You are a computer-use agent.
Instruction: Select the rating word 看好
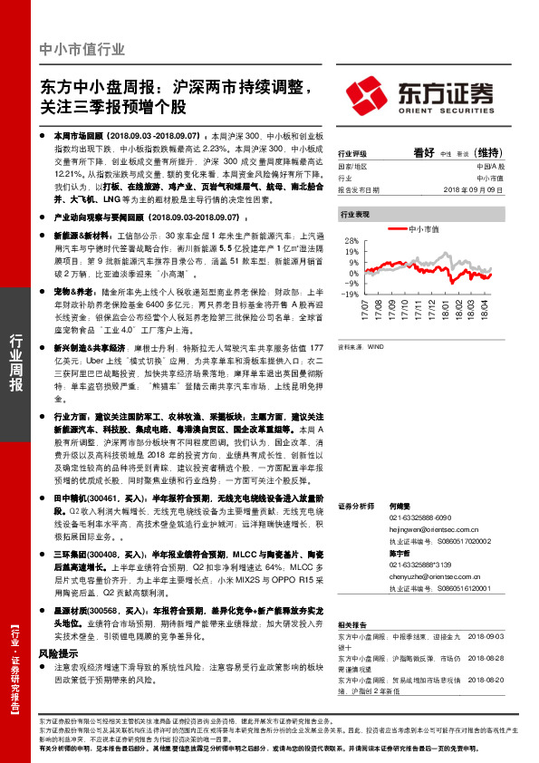(424, 152)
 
